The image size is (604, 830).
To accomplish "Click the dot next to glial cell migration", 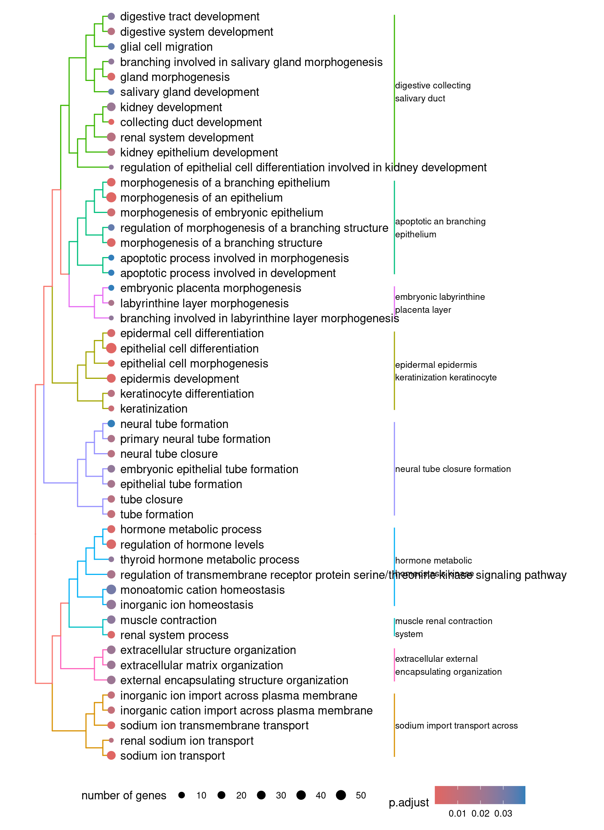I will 111,47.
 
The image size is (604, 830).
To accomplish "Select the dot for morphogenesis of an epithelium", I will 111,197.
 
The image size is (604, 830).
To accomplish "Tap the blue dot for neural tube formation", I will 111,424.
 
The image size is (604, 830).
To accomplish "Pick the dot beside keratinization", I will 111,409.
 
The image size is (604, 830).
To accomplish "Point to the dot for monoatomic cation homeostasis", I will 111,589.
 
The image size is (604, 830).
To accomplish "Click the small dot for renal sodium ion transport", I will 111,740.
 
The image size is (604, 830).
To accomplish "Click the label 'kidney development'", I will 171,107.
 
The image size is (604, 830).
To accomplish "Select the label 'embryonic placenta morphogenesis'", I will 210,288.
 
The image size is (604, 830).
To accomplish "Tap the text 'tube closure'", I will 151,499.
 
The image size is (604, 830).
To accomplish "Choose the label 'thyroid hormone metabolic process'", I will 210,560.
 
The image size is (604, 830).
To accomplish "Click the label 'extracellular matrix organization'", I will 201,665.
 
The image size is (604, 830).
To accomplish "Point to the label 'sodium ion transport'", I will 172,756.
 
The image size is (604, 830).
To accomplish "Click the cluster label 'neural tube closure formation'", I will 453,469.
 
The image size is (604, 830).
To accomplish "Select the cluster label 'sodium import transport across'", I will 456,725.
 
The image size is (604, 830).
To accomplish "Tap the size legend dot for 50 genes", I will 341,795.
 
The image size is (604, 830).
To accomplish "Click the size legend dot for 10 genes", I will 181,795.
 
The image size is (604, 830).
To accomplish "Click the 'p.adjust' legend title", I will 409,802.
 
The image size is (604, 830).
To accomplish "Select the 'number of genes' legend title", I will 123,795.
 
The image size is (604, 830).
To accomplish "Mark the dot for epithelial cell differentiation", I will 111,348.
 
